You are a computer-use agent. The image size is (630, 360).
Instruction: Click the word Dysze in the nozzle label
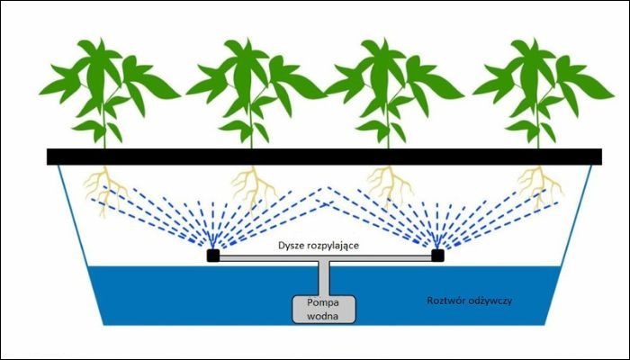(290, 245)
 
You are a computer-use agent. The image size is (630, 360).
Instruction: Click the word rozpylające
(331, 245)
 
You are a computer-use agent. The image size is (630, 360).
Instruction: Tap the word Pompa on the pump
(323, 302)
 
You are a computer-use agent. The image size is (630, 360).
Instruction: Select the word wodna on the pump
(323, 316)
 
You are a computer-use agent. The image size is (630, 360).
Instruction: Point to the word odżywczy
(488, 301)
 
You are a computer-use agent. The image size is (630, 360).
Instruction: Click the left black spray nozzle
(213, 256)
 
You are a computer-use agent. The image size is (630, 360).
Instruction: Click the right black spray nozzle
(437, 256)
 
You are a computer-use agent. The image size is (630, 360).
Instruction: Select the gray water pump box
(323, 309)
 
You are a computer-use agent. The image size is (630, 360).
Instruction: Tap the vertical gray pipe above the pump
(324, 279)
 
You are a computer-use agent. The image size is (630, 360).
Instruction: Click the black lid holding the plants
(324, 157)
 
